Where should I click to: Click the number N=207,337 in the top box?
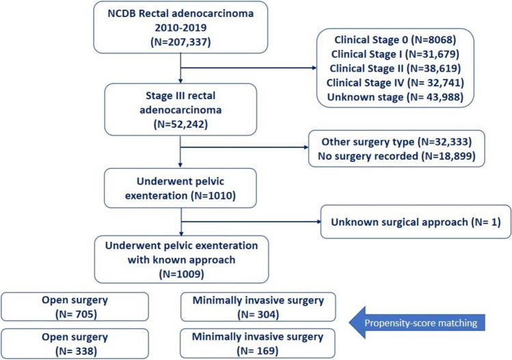click(180, 42)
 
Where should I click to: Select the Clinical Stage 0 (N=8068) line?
click(395, 40)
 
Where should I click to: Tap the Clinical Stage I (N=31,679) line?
click(395, 54)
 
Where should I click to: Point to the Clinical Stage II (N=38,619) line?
click(395, 68)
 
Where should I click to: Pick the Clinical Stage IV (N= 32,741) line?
click(395, 83)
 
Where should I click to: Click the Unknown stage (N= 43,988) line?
click(395, 97)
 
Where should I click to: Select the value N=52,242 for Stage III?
click(180, 124)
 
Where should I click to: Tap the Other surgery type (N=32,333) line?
click(396, 141)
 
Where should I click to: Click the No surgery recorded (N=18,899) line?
click(396, 156)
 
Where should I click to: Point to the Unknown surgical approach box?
click(416, 222)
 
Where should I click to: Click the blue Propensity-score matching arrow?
click(417, 323)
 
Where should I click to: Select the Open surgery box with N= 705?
click(75, 307)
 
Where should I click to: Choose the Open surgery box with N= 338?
click(75, 344)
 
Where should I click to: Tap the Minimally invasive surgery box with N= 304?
click(258, 307)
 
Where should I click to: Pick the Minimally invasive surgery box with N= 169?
click(258, 344)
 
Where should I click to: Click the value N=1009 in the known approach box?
click(182, 274)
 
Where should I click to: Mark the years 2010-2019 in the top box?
click(180, 28)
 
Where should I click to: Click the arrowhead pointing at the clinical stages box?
click(314, 68)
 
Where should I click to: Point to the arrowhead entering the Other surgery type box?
click(306, 147)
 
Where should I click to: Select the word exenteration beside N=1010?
click(156, 196)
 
